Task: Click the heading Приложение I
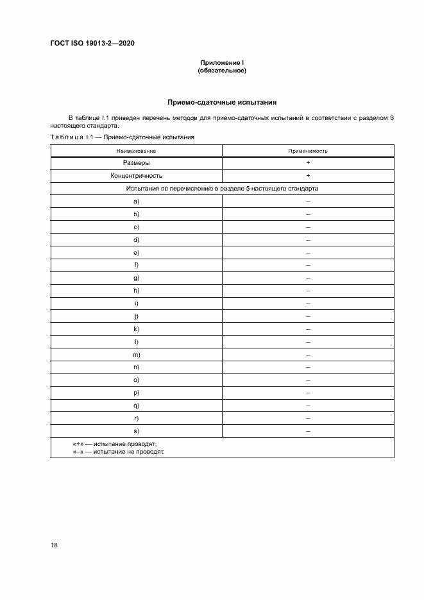click(x=222, y=63)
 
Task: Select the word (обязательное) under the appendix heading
click(x=222, y=71)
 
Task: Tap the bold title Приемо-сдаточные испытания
click(x=222, y=102)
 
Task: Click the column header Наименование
click(x=137, y=151)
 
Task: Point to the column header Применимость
click(x=308, y=151)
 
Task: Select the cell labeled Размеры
click(x=137, y=163)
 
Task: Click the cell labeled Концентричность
click(x=137, y=175)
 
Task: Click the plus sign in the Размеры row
click(x=308, y=163)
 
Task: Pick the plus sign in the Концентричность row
click(x=308, y=175)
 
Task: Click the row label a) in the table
click(x=137, y=201)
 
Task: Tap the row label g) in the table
click(x=137, y=278)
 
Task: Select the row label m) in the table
click(x=137, y=354)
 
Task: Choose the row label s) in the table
click(x=137, y=431)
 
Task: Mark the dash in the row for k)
click(x=308, y=329)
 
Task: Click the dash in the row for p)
click(x=308, y=392)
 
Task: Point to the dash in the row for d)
click(x=308, y=239)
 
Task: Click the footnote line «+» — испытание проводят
click(x=115, y=444)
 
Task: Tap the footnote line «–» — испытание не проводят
click(x=119, y=452)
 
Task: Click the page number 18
click(x=55, y=545)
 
